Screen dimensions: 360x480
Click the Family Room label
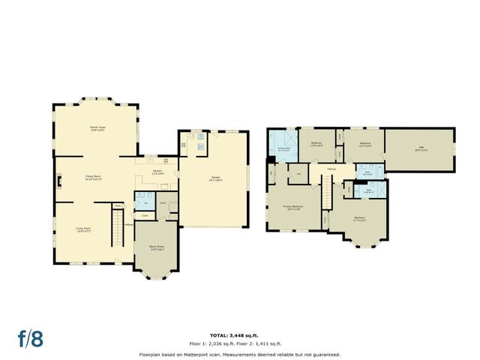(96, 129)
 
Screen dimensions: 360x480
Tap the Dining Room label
(94, 178)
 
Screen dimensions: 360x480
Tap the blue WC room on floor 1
(143, 203)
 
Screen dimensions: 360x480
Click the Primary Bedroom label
(293, 208)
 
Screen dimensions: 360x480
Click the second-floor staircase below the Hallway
(325, 198)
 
